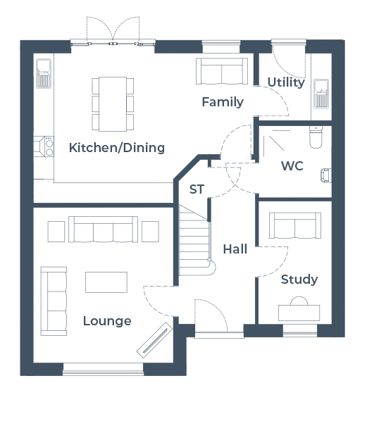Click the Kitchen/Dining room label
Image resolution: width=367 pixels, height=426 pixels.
point(117,148)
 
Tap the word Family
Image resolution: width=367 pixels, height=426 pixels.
point(223,102)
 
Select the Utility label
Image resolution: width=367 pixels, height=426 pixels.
point(286,82)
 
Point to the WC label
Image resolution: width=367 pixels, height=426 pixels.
point(292,165)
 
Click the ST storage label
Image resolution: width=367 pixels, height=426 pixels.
point(197,189)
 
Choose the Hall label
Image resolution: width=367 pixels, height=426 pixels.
point(235,249)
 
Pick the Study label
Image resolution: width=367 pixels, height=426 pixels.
point(299,280)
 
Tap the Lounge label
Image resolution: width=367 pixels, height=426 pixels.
point(107,321)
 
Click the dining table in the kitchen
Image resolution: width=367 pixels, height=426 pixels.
point(113,104)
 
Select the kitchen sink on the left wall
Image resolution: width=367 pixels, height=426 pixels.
point(44,73)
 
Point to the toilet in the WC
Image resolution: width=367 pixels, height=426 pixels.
point(316,137)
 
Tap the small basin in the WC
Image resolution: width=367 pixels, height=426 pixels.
point(326,175)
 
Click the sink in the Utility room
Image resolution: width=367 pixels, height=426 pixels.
point(321,94)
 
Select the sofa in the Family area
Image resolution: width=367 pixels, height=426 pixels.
point(222,71)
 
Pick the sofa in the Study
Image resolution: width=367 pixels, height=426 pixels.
point(295,226)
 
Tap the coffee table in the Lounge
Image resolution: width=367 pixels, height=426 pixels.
point(106,282)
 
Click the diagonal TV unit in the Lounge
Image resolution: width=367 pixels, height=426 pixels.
point(155,340)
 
